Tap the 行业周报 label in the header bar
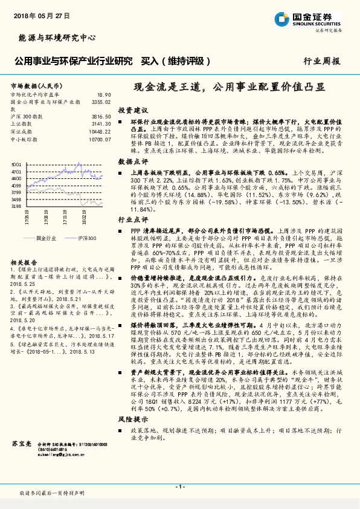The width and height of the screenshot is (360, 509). [321, 61]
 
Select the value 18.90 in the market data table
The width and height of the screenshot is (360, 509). [104, 95]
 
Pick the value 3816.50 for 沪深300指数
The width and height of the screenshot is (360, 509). [101, 115]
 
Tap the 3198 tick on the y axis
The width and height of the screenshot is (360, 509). [16, 206]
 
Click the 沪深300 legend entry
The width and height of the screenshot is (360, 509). [88, 238]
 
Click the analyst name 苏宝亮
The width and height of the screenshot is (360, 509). [21, 444]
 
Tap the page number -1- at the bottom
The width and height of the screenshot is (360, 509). [179, 486]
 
